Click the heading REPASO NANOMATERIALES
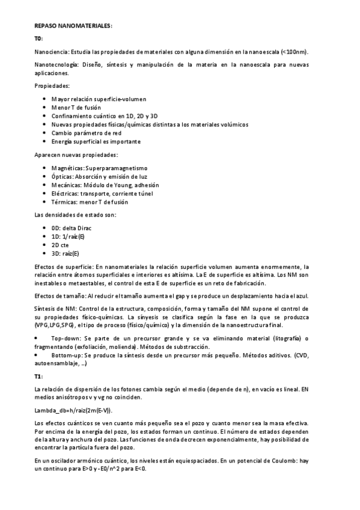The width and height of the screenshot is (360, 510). (x=73, y=26)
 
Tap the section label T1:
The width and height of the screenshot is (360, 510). (x=39, y=376)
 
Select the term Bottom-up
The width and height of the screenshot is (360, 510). (x=68, y=355)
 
